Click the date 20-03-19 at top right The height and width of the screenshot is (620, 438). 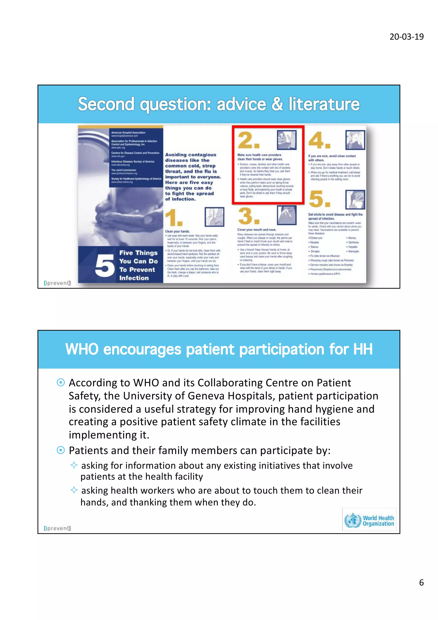[406, 37]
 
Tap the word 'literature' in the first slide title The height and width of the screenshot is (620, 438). [324, 104]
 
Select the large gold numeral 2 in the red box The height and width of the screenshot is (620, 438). [248, 140]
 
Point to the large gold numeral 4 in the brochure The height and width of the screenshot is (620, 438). [319, 140]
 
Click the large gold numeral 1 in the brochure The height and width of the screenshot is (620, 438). [174, 218]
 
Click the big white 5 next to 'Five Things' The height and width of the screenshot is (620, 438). [104, 266]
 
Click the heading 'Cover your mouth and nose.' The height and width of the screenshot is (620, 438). [256, 230]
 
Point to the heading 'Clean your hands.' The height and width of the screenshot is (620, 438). [177, 231]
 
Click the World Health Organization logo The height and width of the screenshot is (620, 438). [369, 520]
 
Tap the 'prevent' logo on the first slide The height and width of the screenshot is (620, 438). [57, 283]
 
